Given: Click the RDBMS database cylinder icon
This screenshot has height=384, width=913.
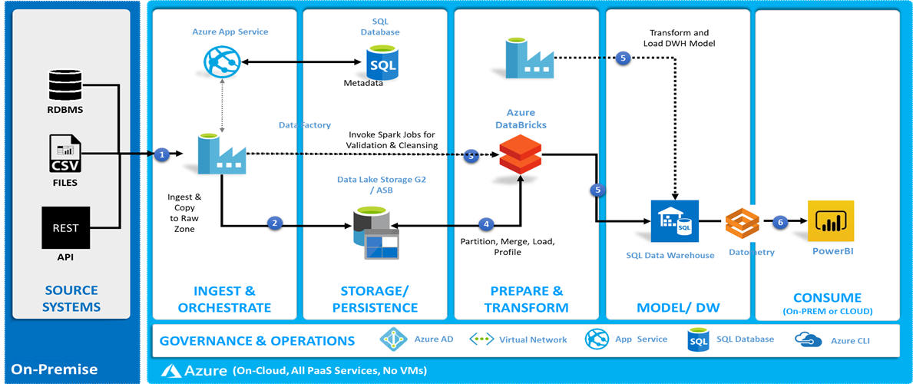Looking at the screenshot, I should pyautogui.click(x=65, y=84).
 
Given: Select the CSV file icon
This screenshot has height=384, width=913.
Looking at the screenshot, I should pyautogui.click(x=65, y=154).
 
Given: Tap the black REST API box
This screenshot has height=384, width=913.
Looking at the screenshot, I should pyautogui.click(x=65, y=227).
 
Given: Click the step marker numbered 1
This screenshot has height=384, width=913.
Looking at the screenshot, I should pyautogui.click(x=161, y=154).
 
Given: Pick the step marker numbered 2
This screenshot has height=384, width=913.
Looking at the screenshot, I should pyautogui.click(x=275, y=223).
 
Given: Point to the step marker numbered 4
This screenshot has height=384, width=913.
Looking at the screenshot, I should pyautogui.click(x=485, y=224).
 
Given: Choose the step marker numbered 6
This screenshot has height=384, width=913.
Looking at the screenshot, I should pyautogui.click(x=780, y=222).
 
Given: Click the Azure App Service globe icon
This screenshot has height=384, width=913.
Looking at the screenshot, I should pyautogui.click(x=220, y=61).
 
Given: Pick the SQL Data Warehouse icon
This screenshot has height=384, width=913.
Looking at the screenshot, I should pyautogui.click(x=672, y=223).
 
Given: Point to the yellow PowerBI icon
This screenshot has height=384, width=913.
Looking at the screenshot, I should pyautogui.click(x=831, y=221).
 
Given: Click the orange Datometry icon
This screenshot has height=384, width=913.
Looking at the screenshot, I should pyautogui.click(x=743, y=222).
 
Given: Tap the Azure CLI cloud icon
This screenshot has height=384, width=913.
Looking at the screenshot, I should pyautogui.click(x=806, y=339).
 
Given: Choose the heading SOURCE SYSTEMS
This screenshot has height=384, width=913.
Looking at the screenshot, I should pyautogui.click(x=71, y=299).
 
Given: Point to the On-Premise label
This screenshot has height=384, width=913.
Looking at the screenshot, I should pyautogui.click(x=55, y=369).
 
